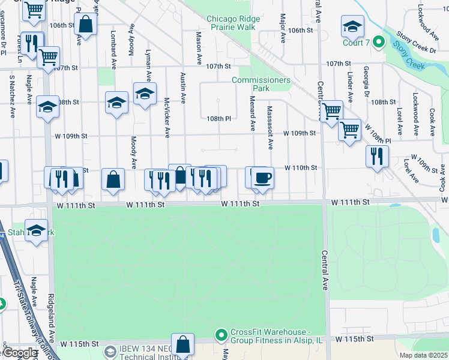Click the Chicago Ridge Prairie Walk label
pos(234,23)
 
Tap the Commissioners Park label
pos(261,84)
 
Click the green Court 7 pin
pos(378,42)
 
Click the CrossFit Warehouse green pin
pos(221,334)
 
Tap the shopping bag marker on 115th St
pos(183,345)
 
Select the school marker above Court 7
pos(352,26)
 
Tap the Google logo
pos(20,353)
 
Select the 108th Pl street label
pos(219,119)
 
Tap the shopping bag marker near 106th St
pos(86,25)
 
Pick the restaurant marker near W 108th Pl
pos(376,157)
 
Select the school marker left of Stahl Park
pos(36,231)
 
